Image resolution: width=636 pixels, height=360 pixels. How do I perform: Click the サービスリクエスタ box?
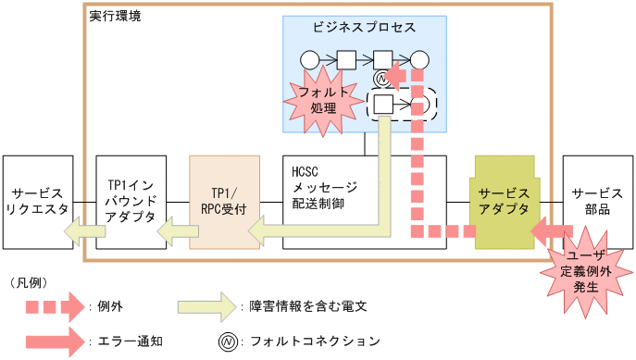click(37, 202)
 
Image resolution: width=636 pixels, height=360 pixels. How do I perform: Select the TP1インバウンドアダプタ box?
click(129, 202)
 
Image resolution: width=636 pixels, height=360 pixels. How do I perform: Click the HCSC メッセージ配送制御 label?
click(323, 193)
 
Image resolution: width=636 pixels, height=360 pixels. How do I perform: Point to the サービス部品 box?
click(597, 202)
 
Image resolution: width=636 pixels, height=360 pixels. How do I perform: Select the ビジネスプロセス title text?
click(364, 27)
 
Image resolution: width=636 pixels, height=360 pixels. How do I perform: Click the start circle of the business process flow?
click(309, 61)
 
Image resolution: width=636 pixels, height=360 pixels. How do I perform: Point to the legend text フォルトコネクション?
click(316, 340)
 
